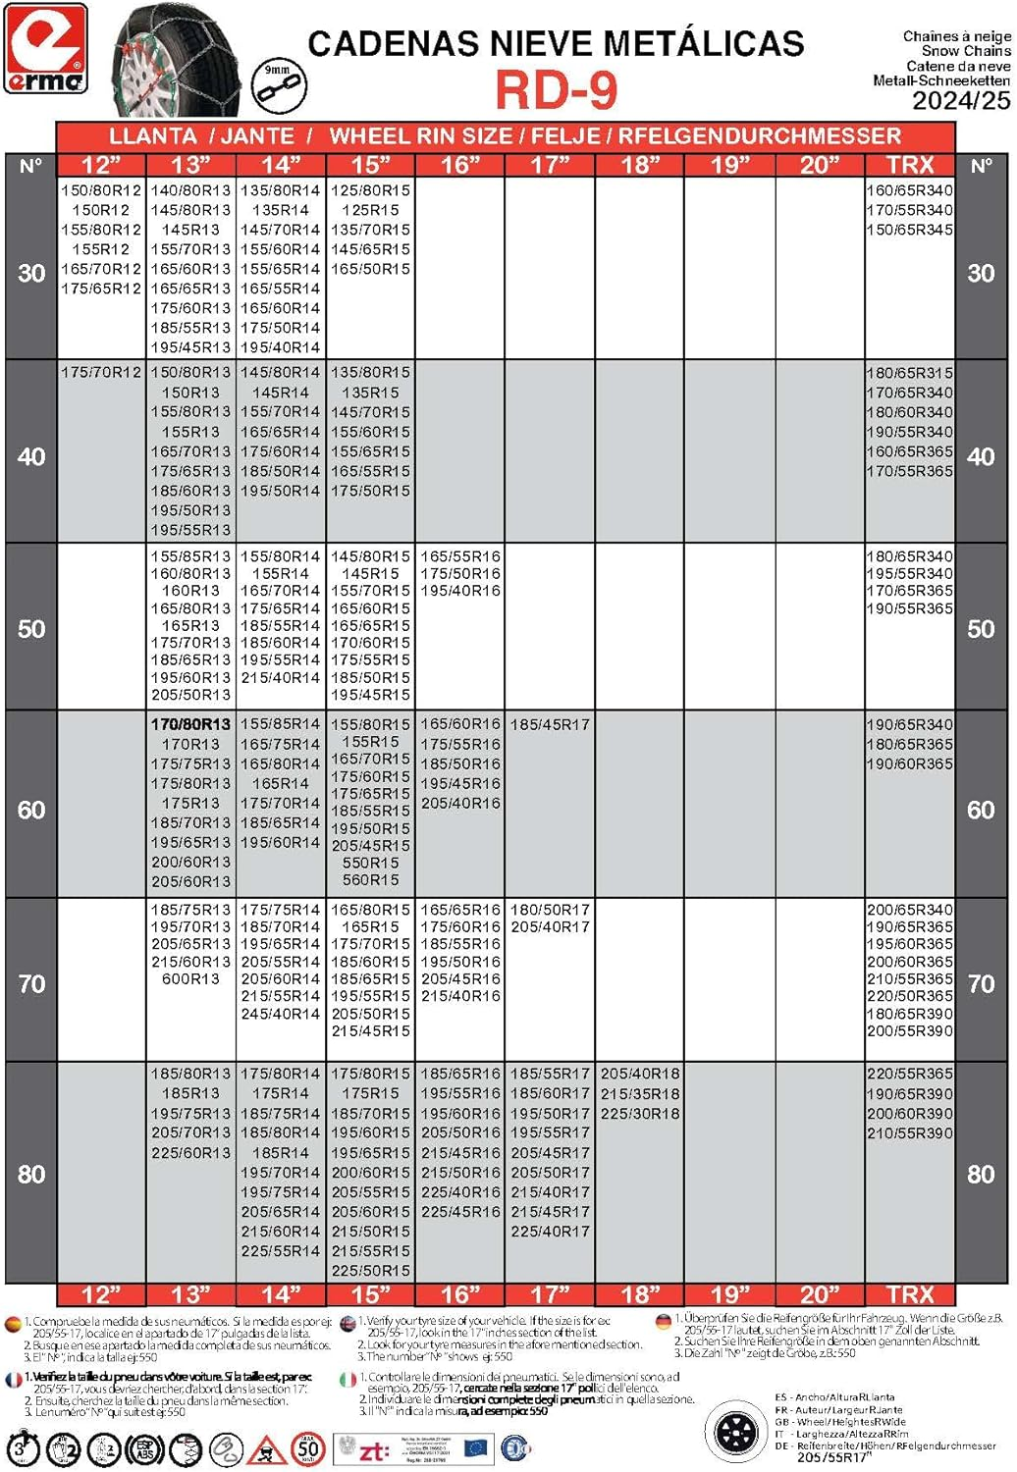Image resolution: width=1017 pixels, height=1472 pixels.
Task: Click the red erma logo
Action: point(45,49)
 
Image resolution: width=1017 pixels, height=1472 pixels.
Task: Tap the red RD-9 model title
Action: point(556,90)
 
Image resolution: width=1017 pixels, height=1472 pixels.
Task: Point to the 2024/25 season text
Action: point(960,100)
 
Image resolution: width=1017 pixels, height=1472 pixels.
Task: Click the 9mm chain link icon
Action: point(278,85)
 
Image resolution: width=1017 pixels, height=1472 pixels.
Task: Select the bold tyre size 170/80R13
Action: point(190,724)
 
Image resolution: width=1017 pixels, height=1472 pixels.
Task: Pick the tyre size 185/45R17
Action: point(550,724)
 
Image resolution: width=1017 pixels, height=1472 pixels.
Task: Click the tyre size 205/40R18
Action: point(640,1074)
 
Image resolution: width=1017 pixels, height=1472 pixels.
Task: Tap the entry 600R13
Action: point(190,978)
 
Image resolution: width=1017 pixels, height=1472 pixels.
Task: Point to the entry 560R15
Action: point(370,880)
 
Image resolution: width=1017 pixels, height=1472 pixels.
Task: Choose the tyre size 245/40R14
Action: point(281,1014)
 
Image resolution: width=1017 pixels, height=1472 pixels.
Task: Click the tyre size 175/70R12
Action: point(100,373)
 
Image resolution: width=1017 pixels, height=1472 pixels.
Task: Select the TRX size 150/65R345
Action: point(909,230)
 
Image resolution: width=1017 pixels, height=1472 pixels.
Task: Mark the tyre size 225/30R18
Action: point(640,1113)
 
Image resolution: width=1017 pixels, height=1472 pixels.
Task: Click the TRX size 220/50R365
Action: point(909,996)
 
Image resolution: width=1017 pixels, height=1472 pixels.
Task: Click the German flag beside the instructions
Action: point(664,1322)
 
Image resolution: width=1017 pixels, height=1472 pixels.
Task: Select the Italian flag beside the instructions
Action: point(348,1379)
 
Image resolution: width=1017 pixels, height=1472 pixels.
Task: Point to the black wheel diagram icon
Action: point(735,1433)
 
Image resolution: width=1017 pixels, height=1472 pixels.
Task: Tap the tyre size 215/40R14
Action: point(281,677)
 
